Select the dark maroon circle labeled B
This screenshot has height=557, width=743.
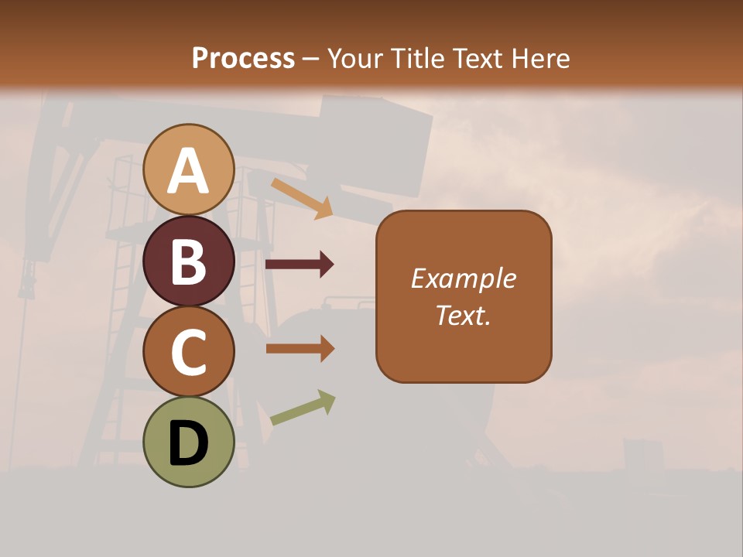189,261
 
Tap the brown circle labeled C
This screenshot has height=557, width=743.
189,351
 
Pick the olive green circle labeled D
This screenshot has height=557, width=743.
189,442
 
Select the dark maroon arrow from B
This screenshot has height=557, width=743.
300,265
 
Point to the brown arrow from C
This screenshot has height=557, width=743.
300,349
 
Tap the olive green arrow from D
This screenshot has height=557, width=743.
303,408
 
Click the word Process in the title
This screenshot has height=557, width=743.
243,59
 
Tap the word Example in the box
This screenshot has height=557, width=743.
464,278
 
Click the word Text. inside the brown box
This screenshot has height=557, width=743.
464,315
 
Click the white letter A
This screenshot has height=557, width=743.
189,172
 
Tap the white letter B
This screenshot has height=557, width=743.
189,262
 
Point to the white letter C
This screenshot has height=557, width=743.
189,353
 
